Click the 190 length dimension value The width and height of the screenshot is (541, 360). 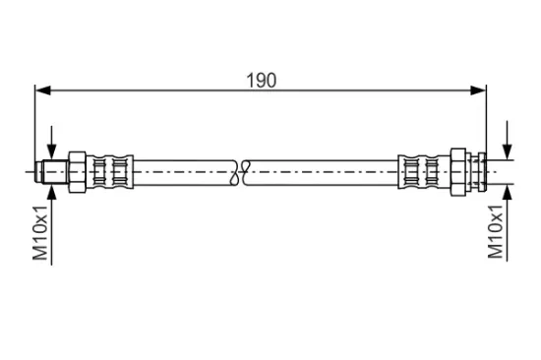[x=262, y=81]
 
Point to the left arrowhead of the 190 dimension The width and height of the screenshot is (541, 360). [x=43, y=90]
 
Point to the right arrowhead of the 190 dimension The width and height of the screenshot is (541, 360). [x=478, y=90]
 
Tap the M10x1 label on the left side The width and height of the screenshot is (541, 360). [x=40, y=232]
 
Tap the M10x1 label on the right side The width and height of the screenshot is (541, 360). [x=496, y=231]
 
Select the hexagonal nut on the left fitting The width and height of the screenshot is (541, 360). [x=77, y=171]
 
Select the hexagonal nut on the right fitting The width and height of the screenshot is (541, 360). [x=458, y=172]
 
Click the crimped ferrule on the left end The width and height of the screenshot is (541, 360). [x=110, y=171]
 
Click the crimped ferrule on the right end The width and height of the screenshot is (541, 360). [x=424, y=171]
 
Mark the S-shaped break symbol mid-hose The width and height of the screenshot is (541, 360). [x=240, y=171]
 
